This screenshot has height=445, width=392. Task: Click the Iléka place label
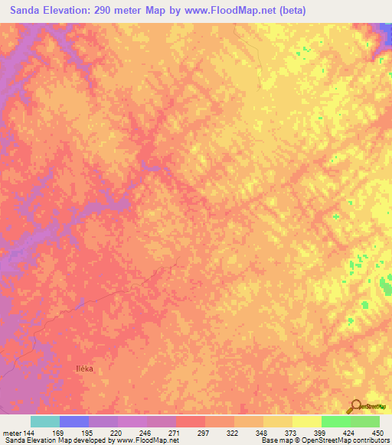[x=84, y=369]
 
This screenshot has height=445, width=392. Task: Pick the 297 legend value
[x=205, y=432]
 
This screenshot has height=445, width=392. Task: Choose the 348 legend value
[x=263, y=432]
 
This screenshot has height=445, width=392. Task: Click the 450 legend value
[x=377, y=432]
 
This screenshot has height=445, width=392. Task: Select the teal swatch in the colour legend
[x=45, y=421]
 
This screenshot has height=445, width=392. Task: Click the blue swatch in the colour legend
[x=74, y=421]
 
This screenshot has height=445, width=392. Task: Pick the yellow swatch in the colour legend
[x=278, y=421]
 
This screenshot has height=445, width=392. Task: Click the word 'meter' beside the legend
[x=11, y=432]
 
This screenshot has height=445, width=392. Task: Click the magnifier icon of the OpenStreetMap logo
[x=354, y=406]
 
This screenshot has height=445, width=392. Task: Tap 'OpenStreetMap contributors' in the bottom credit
[x=345, y=440]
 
